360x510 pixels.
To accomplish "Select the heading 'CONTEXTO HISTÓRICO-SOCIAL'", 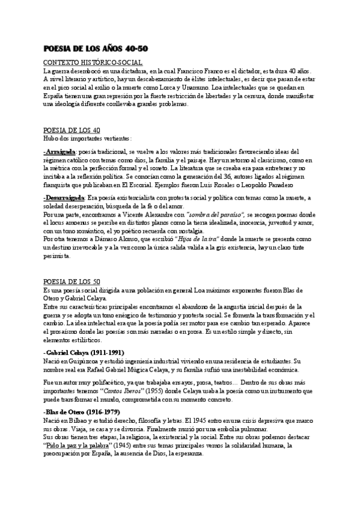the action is point(93,63).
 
